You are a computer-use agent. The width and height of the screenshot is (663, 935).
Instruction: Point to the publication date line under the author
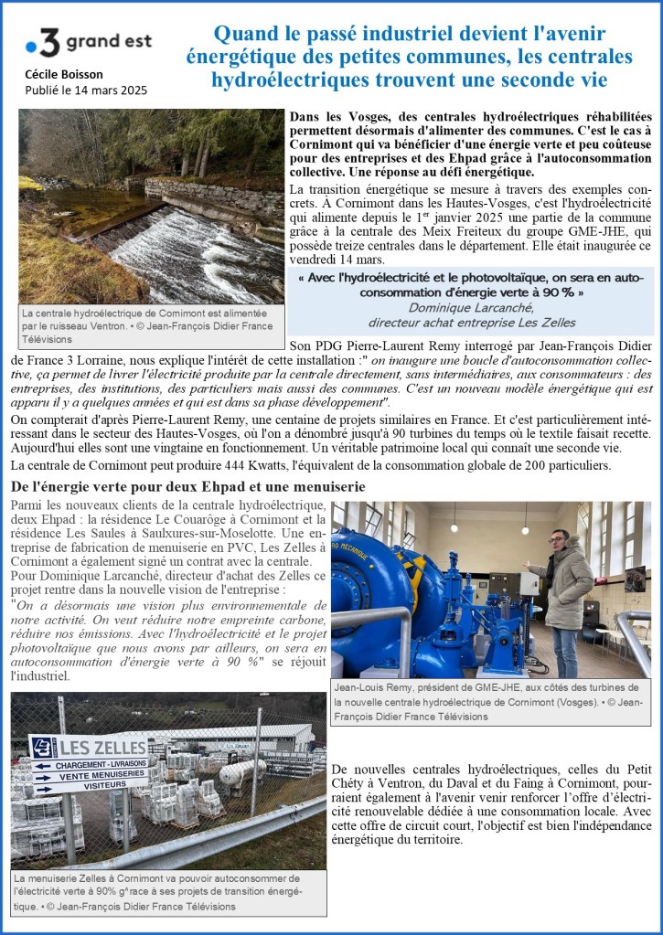pos(86,90)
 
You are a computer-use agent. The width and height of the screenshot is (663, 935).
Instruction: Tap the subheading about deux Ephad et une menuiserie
pos(187,486)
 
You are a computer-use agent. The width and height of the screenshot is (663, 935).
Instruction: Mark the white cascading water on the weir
pos(201,256)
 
